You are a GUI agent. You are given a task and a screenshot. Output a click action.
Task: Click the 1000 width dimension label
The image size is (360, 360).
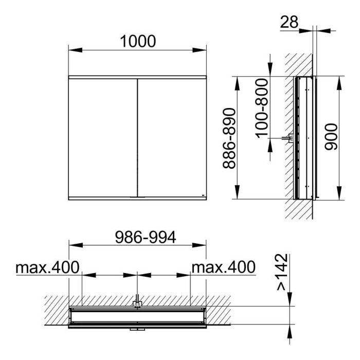pos(138,41)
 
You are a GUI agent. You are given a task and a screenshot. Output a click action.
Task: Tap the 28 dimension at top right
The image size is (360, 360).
pos(289,22)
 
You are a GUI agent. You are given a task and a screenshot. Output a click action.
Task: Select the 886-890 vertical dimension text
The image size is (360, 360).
pos(229,138)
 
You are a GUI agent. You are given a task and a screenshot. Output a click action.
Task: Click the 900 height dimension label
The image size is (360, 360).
pos(331,137)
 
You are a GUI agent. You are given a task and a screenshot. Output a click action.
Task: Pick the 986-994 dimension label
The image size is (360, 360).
pos(146,237)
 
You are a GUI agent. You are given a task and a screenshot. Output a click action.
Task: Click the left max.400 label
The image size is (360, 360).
pos(47,267)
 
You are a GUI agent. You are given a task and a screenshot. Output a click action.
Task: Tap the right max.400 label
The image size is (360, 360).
pos(223,267)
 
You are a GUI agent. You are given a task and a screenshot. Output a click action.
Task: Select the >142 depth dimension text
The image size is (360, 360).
pos(282,272)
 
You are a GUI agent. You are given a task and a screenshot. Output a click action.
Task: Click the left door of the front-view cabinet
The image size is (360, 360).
pos(103,138)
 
